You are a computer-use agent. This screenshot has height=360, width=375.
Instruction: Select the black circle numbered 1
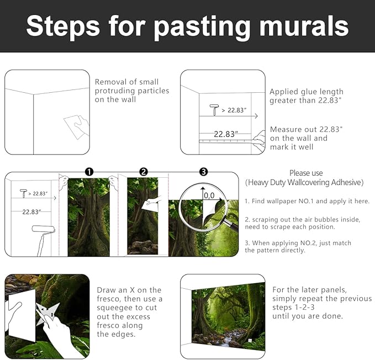pos(89,172)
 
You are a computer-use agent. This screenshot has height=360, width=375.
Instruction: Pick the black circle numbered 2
pos(144,172)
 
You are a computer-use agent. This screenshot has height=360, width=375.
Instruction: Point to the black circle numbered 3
pos(203,172)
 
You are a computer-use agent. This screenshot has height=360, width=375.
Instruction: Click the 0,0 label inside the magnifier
pos(209,195)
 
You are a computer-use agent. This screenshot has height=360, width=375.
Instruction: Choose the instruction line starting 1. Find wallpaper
pos(307,201)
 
